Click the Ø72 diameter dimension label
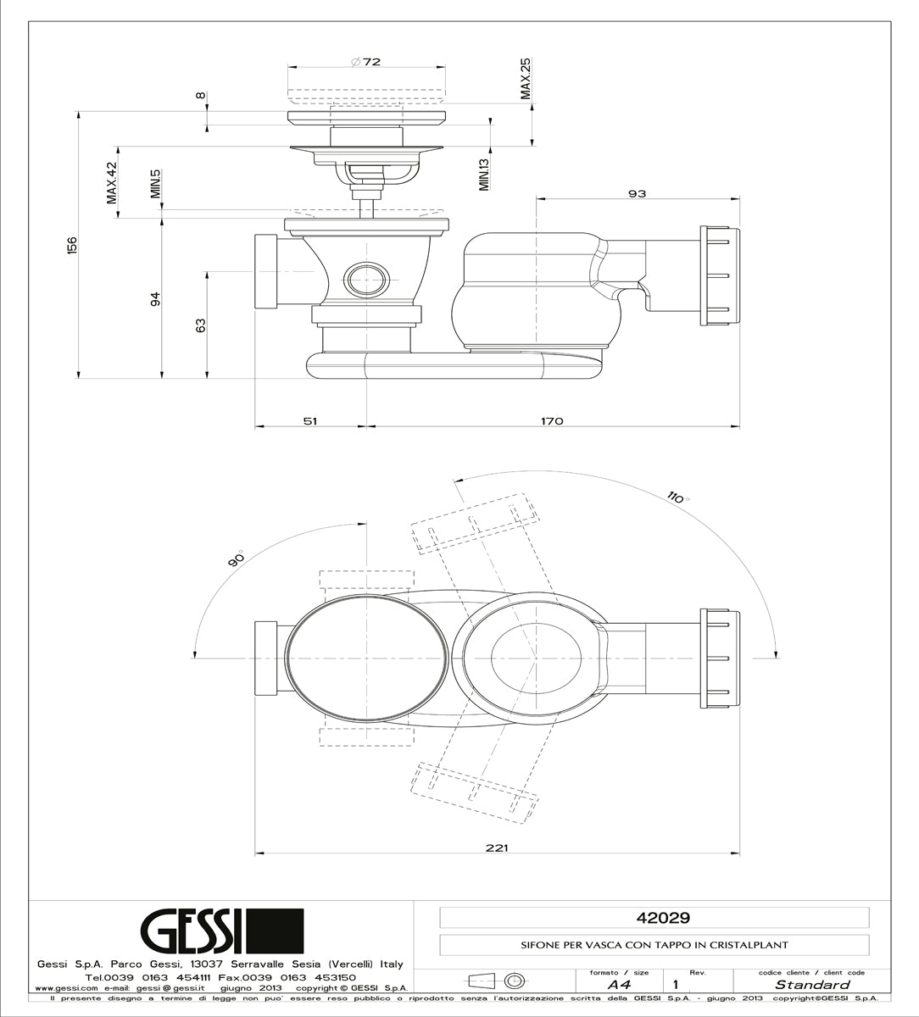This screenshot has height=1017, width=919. point(365,62)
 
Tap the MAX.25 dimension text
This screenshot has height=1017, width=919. point(526,79)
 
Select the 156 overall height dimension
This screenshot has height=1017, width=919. point(72,244)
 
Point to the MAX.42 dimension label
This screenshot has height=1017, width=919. point(111,183)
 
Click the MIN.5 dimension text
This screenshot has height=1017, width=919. point(156,183)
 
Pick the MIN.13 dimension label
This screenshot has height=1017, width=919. point(484,173)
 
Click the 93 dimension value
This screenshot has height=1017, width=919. point(637,194)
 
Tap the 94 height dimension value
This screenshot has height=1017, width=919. point(155,299)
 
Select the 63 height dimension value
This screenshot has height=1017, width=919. point(201,325)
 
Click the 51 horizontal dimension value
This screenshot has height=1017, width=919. point(309,421)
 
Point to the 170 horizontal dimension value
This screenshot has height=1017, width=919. point(552,421)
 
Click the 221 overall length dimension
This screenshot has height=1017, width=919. point(498,848)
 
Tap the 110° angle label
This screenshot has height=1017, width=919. point(677,497)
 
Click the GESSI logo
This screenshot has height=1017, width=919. point(220,931)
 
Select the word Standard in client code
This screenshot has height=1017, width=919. point(812,985)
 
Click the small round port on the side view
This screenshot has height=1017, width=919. point(365,276)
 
